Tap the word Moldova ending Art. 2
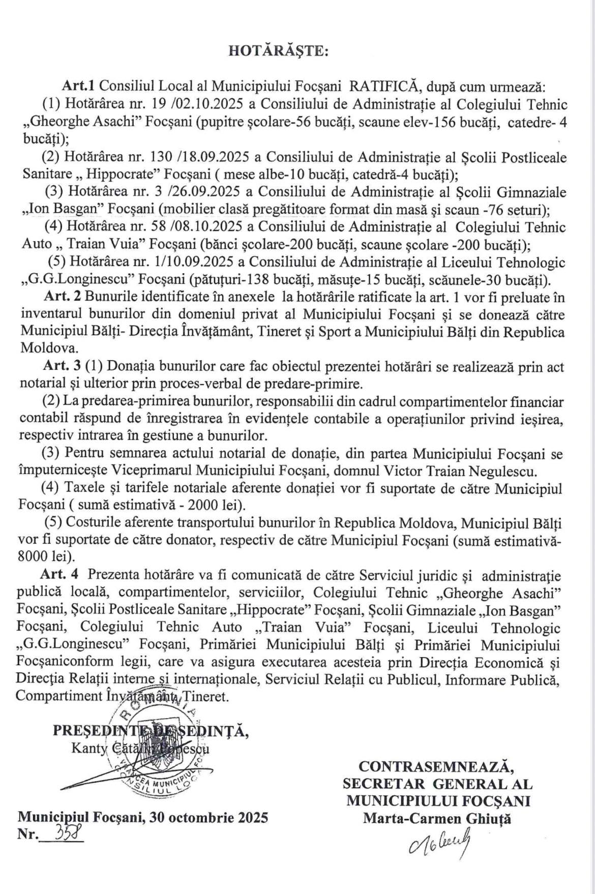click(x=48, y=348)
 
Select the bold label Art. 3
click(x=62, y=367)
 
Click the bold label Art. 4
click(x=59, y=575)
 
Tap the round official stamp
click(x=158, y=748)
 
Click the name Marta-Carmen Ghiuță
click(x=437, y=818)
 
